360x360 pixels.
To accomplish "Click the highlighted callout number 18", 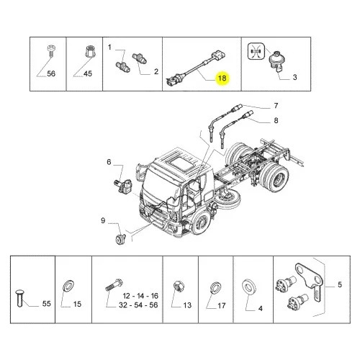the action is click(222, 78).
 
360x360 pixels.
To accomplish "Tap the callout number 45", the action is click(88, 73).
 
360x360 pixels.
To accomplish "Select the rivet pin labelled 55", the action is click(19, 298).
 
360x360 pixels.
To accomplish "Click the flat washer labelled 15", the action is click(68, 286).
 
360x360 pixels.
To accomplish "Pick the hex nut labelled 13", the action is click(179, 287).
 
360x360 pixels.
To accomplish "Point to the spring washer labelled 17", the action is click(215, 287).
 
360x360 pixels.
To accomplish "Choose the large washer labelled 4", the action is click(249, 287).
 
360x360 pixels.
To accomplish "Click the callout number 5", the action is click(340, 284).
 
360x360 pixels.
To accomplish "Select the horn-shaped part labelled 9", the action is click(120, 239).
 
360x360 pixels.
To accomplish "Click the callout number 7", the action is click(276, 106).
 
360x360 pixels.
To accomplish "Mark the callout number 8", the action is click(276, 120).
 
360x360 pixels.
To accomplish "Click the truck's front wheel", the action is click(201, 224).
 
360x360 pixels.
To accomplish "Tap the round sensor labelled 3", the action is click(277, 62).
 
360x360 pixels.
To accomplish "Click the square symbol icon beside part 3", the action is click(256, 51).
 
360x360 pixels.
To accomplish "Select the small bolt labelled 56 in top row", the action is click(50, 51).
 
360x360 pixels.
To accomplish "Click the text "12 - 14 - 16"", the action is click(140, 296).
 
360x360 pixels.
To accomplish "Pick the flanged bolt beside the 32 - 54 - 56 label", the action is click(114, 285).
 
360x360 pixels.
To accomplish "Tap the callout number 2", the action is click(156, 71).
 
